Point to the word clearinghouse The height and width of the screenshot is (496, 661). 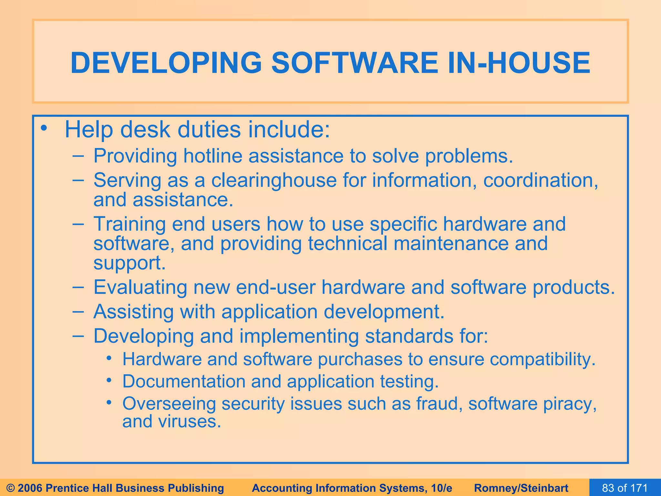[x=274, y=180]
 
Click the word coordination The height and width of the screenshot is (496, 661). [x=541, y=180]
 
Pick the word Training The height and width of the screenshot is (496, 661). [x=129, y=224]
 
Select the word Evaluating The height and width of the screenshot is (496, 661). [x=140, y=287]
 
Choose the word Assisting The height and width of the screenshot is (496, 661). [x=133, y=312]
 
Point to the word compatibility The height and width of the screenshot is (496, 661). [x=542, y=359]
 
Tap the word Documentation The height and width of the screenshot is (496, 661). [x=184, y=382]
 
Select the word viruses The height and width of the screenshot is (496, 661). [x=189, y=422]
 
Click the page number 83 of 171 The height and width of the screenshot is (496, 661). [x=625, y=488]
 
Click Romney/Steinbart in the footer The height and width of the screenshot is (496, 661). [x=521, y=488]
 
